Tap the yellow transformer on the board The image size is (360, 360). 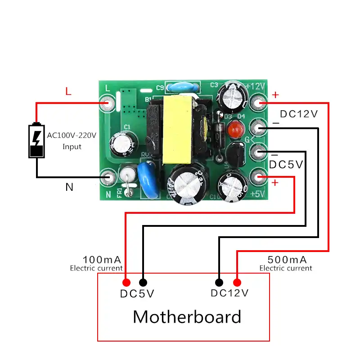(x=177, y=130)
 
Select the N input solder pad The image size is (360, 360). (x=108, y=177)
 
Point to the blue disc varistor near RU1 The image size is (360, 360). (x=147, y=180)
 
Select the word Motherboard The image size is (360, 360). (x=187, y=317)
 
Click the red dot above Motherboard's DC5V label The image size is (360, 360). (x=126, y=283)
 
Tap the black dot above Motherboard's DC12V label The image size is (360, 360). (x=219, y=283)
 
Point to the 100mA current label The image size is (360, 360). (x=102, y=260)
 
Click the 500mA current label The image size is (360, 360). (x=287, y=260)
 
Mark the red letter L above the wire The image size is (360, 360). (x=68, y=92)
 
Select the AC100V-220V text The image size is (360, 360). (x=72, y=135)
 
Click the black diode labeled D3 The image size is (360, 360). (x=219, y=135)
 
